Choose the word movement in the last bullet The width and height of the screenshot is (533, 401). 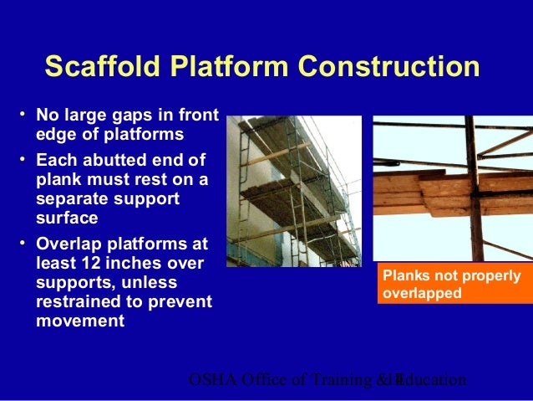pyautogui.click(x=80, y=321)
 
